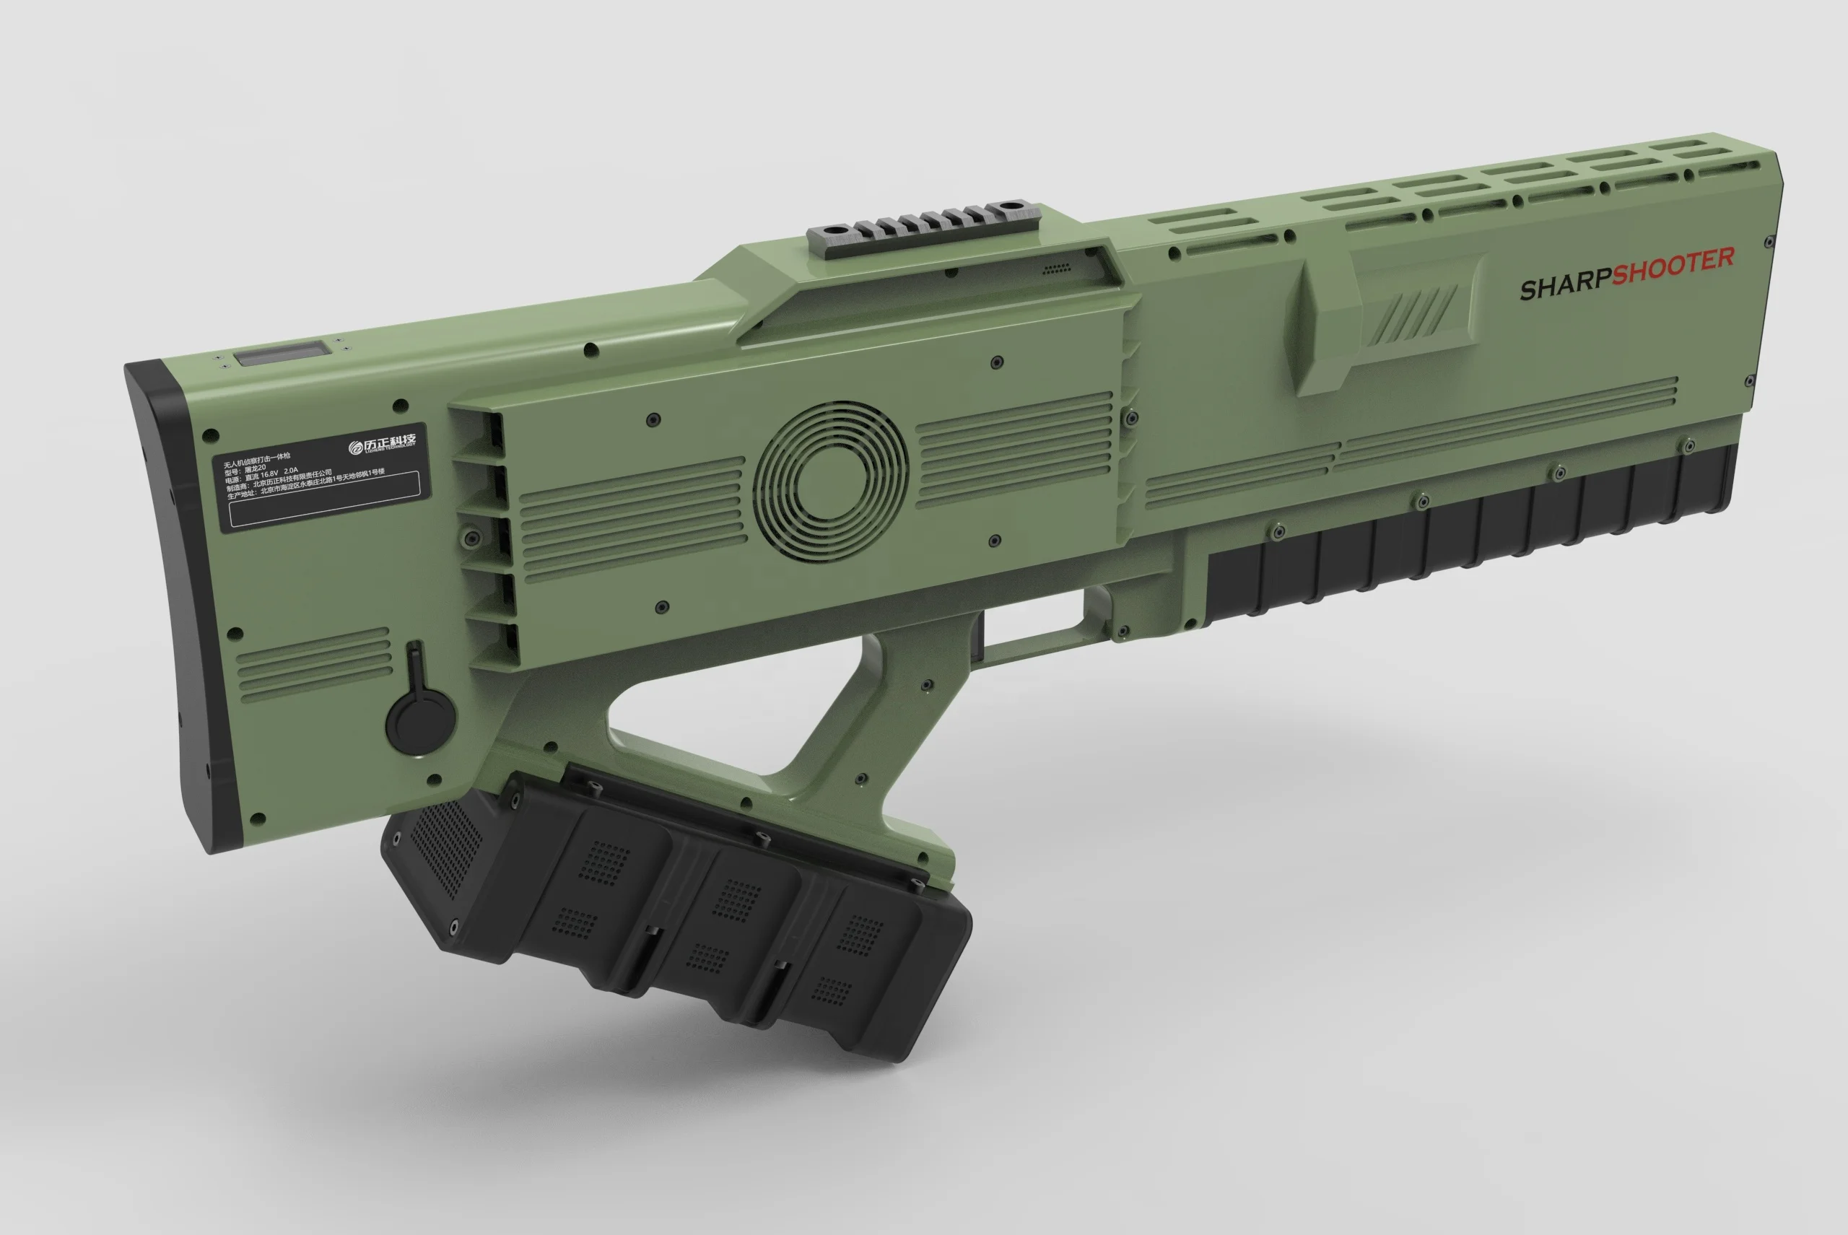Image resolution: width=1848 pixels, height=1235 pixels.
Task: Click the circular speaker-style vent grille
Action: click(x=830, y=482)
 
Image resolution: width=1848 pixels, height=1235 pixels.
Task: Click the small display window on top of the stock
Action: click(x=282, y=353)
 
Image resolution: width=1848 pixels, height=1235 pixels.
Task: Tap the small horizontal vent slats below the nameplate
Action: click(x=313, y=663)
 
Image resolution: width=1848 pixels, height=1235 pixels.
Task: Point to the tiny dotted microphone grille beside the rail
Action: click(x=1056, y=269)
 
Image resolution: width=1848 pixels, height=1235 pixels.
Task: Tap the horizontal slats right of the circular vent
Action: click(x=1016, y=450)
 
